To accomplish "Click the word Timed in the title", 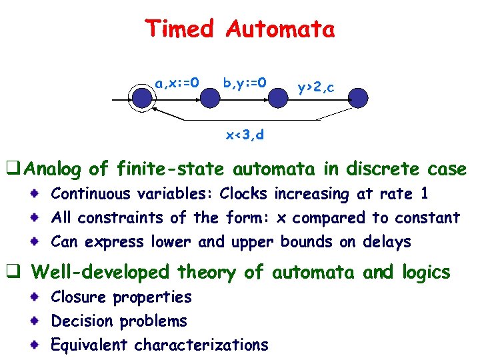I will (x=179, y=29).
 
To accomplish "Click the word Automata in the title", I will (x=280, y=29).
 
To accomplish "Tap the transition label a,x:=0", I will (x=177, y=83).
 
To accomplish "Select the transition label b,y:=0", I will (x=245, y=83).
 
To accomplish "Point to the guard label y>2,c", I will (x=316, y=87).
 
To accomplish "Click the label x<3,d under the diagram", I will (x=244, y=135).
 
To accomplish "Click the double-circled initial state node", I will (x=142, y=99).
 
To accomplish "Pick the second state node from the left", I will (x=210, y=99).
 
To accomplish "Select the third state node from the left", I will (x=278, y=99).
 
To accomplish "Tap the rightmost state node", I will (x=358, y=99).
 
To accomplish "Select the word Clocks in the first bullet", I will (x=243, y=194).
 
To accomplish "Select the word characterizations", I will (x=201, y=345).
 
